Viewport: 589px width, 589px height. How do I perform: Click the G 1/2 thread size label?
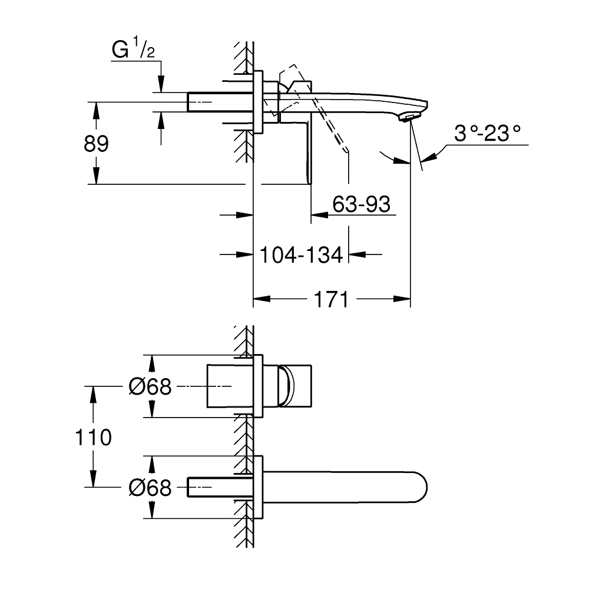[x=134, y=50]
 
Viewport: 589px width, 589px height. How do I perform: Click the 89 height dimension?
[x=96, y=144]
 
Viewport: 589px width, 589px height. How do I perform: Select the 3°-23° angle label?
[x=488, y=134]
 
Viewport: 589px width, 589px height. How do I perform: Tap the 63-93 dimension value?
[x=361, y=204]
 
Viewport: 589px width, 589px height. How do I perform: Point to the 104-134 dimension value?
[x=301, y=254]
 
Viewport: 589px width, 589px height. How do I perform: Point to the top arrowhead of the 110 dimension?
[x=93, y=391]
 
